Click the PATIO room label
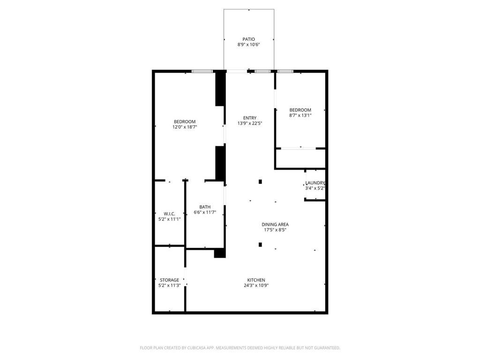(x=248, y=39)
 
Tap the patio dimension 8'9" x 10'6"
(x=248, y=45)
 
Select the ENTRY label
(x=249, y=118)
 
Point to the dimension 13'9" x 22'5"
(x=249, y=123)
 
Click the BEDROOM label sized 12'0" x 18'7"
(x=184, y=121)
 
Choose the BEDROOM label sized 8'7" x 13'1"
(x=300, y=110)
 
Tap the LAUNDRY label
(x=315, y=183)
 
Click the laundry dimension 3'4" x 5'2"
(x=315, y=188)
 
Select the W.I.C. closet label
(x=169, y=213)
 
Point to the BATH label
(x=205, y=207)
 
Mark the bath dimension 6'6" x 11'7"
(x=205, y=212)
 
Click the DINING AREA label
(x=275, y=224)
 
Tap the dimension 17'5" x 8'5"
(x=275, y=230)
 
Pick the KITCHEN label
(x=256, y=280)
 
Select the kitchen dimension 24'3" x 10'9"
(x=256, y=285)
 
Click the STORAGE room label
(x=169, y=280)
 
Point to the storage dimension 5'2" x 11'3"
(x=169, y=285)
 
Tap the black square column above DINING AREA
(x=260, y=181)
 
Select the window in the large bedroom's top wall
(x=202, y=71)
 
